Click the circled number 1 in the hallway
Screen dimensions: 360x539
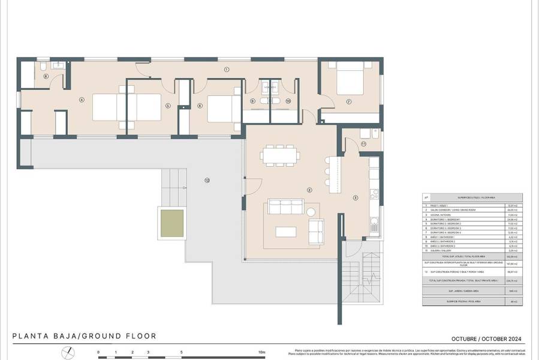[227, 70]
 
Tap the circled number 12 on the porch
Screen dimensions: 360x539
[207, 179]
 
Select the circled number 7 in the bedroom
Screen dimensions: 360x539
[348, 101]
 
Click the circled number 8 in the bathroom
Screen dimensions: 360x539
[46, 76]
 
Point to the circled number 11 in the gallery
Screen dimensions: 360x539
[363, 144]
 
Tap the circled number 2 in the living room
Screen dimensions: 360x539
[309, 190]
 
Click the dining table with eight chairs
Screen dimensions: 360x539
[280, 155]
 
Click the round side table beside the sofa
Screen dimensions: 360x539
[311, 212]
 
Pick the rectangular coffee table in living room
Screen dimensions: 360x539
[285, 231]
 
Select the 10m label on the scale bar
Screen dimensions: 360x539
[261, 353]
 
